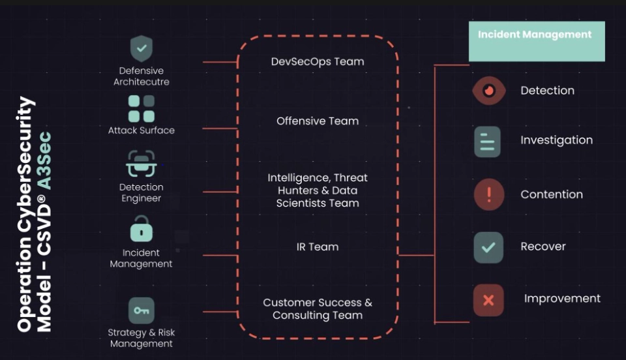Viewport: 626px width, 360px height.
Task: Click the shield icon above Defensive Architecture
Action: pyautogui.click(x=142, y=49)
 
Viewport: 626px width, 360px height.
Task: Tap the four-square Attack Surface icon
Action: pyautogui.click(x=142, y=108)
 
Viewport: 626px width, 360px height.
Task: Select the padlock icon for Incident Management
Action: pyautogui.click(x=142, y=230)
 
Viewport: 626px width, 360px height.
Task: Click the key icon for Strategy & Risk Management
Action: pyautogui.click(x=142, y=310)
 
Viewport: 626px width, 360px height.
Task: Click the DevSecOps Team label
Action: pyautogui.click(x=318, y=61)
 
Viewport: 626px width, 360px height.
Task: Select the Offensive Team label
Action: pyautogui.click(x=318, y=121)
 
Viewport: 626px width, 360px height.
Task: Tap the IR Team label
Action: pyautogui.click(x=318, y=247)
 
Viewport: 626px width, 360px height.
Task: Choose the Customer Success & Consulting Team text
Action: pyautogui.click(x=318, y=309)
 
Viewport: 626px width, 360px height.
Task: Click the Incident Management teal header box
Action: pyautogui.click(x=537, y=41)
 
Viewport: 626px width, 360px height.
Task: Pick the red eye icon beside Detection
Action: pyautogui.click(x=488, y=90)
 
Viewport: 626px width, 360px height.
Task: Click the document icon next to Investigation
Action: pyautogui.click(x=488, y=142)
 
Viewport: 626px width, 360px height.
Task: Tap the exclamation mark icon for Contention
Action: pyautogui.click(x=488, y=194)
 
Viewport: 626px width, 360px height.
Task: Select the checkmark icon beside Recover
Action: pyautogui.click(x=488, y=247)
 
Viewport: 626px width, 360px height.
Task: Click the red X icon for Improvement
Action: pyautogui.click(x=488, y=300)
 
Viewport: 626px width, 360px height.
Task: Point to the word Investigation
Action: pyautogui.click(x=556, y=140)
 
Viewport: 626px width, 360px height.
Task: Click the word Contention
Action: pyautogui.click(x=552, y=194)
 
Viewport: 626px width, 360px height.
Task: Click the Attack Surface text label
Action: pyautogui.click(x=142, y=130)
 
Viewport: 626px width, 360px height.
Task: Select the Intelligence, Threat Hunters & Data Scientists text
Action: pyautogui.click(x=318, y=190)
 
